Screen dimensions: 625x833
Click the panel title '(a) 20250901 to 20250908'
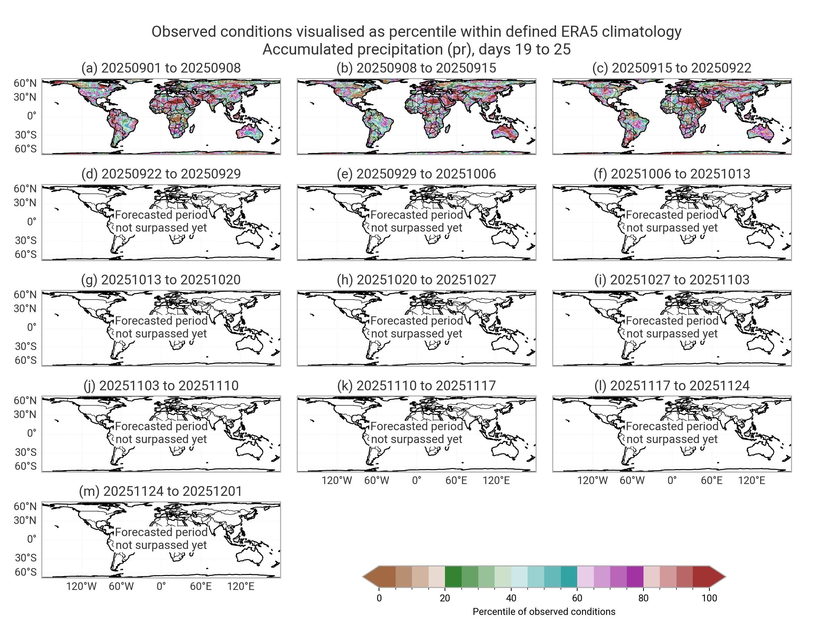pos(161,68)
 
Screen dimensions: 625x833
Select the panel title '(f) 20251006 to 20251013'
pos(672,174)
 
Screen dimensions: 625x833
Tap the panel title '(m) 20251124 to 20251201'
pos(161,491)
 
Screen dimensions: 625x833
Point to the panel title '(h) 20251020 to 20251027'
pos(416,280)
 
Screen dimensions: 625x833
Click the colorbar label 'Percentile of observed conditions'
pos(544,612)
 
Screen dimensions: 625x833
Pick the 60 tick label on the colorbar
pos(577,598)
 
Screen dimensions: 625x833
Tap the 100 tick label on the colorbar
pos(709,598)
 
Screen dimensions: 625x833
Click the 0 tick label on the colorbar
pos(379,598)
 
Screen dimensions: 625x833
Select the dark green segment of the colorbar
pos(453,577)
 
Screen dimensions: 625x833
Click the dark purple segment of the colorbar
pos(635,577)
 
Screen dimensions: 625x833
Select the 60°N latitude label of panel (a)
pos(25,83)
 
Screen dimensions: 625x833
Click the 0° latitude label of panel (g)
pos(32,327)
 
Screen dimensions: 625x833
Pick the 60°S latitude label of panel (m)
pos(25,572)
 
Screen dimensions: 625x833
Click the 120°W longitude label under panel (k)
pos(337,481)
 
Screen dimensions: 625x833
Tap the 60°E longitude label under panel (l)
pos(712,481)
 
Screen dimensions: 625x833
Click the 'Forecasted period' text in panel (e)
pos(416,215)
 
